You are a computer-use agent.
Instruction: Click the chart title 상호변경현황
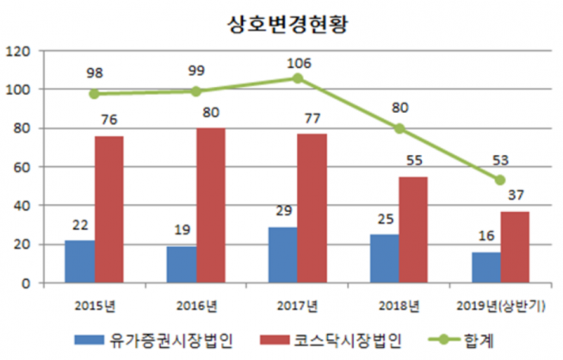pyautogui.click(x=281, y=22)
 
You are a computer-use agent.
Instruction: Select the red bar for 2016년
pyautogui.click(x=211, y=205)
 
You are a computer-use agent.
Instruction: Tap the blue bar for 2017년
pyautogui.click(x=282, y=255)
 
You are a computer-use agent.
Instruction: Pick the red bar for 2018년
pyautogui.click(x=413, y=229)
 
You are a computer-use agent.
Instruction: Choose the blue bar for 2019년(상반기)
pyautogui.click(x=486, y=267)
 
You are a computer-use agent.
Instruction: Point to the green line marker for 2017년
pyautogui.click(x=298, y=78)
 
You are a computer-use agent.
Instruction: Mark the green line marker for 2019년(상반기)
pyautogui.click(x=500, y=180)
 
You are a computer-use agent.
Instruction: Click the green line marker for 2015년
pyautogui.click(x=95, y=94)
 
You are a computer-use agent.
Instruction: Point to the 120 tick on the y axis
pyautogui.click(x=18, y=52)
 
